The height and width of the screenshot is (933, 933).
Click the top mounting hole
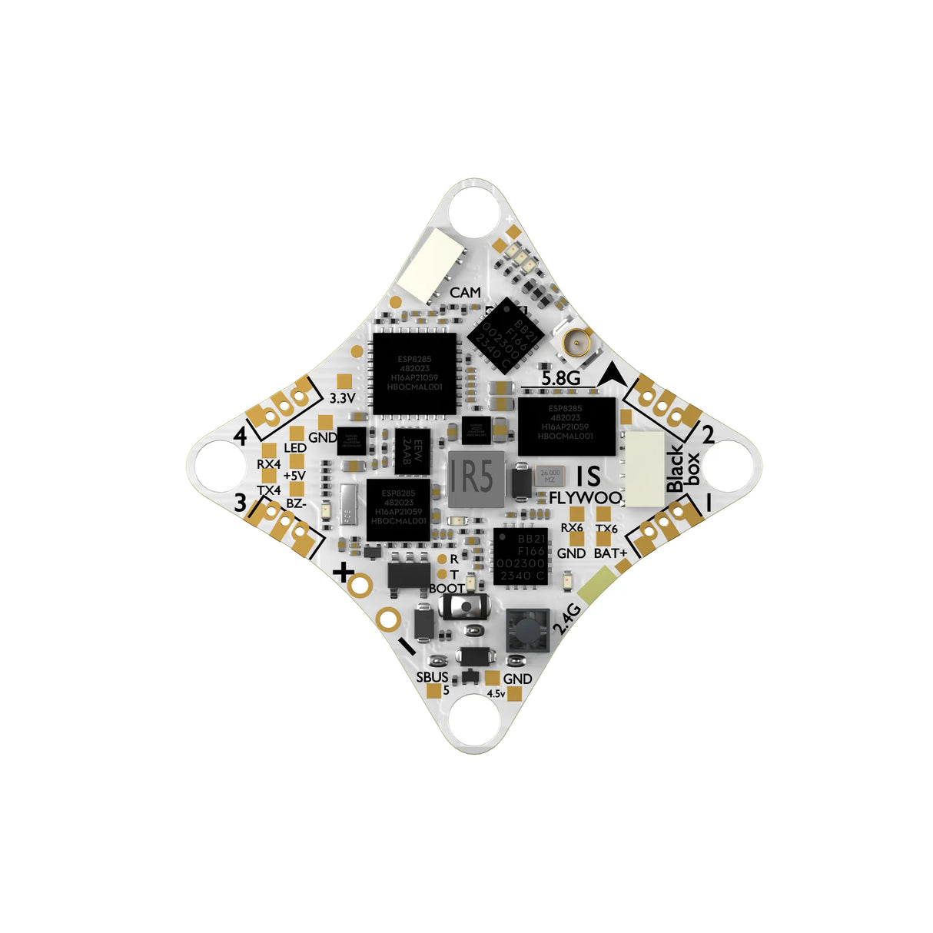[466, 210]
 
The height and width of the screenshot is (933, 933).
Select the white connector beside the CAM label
[430, 264]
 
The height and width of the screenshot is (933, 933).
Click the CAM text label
[466, 293]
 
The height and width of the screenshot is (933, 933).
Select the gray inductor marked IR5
[476, 480]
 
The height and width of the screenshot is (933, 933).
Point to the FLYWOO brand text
[585, 497]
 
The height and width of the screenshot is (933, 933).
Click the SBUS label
[432, 677]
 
